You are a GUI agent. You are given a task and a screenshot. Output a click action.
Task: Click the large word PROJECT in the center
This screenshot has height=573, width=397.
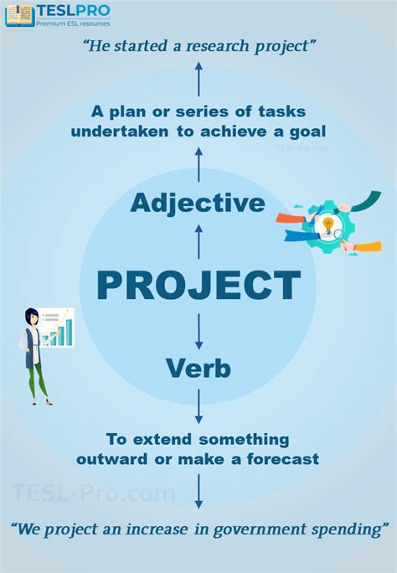tap(198, 285)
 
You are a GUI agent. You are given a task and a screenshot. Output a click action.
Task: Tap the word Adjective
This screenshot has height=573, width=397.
tap(198, 203)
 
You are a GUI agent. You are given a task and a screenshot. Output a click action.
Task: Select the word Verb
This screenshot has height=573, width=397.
tap(198, 367)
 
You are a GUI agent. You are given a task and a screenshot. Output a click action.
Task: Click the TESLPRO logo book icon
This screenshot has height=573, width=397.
tap(19, 14)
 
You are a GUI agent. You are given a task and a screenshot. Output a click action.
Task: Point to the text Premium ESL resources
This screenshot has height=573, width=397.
tap(73, 24)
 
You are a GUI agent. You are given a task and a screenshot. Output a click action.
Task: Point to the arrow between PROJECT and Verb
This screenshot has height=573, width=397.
tap(198, 331)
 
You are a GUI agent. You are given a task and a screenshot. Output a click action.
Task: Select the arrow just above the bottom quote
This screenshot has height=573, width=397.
tap(198, 491)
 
